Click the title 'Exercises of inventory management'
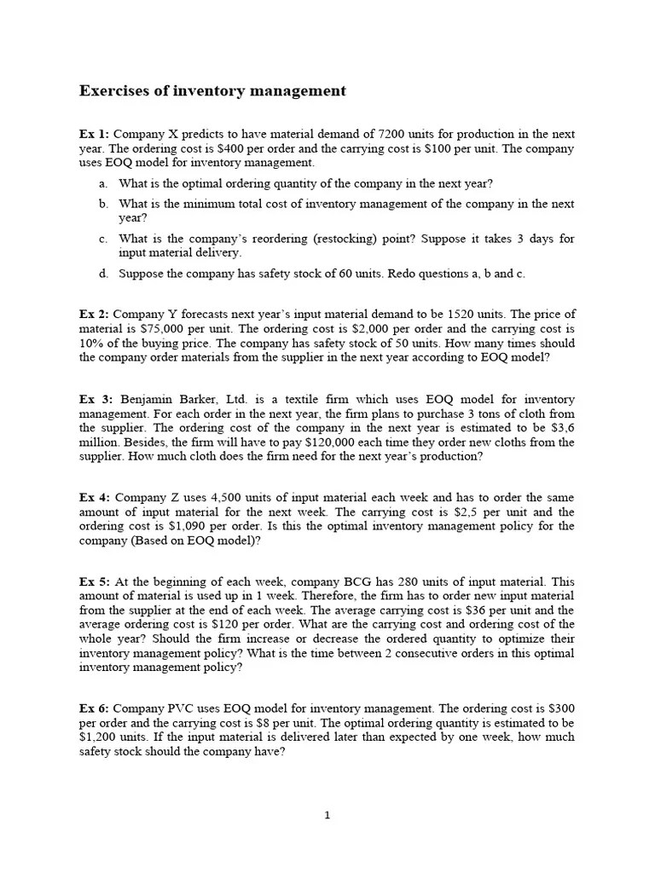(212, 90)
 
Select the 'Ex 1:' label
(94, 135)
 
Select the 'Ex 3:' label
(95, 400)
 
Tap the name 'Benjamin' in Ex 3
(148, 400)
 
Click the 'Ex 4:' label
(95, 498)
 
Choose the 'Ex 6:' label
(94, 708)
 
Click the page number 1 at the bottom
(327, 816)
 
